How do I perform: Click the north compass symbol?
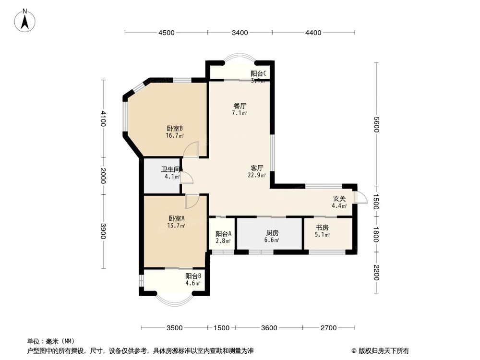25,21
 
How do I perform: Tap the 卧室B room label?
175,129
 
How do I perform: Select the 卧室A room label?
175,218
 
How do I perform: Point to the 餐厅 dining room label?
240,106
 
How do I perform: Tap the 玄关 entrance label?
339,199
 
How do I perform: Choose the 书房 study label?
322,228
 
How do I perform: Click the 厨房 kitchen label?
272,233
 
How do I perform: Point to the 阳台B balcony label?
193,276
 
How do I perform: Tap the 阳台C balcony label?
258,74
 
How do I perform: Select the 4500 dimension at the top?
166,33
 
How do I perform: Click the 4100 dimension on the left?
103,118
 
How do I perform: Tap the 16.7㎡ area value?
175,135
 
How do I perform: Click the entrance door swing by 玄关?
360,197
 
